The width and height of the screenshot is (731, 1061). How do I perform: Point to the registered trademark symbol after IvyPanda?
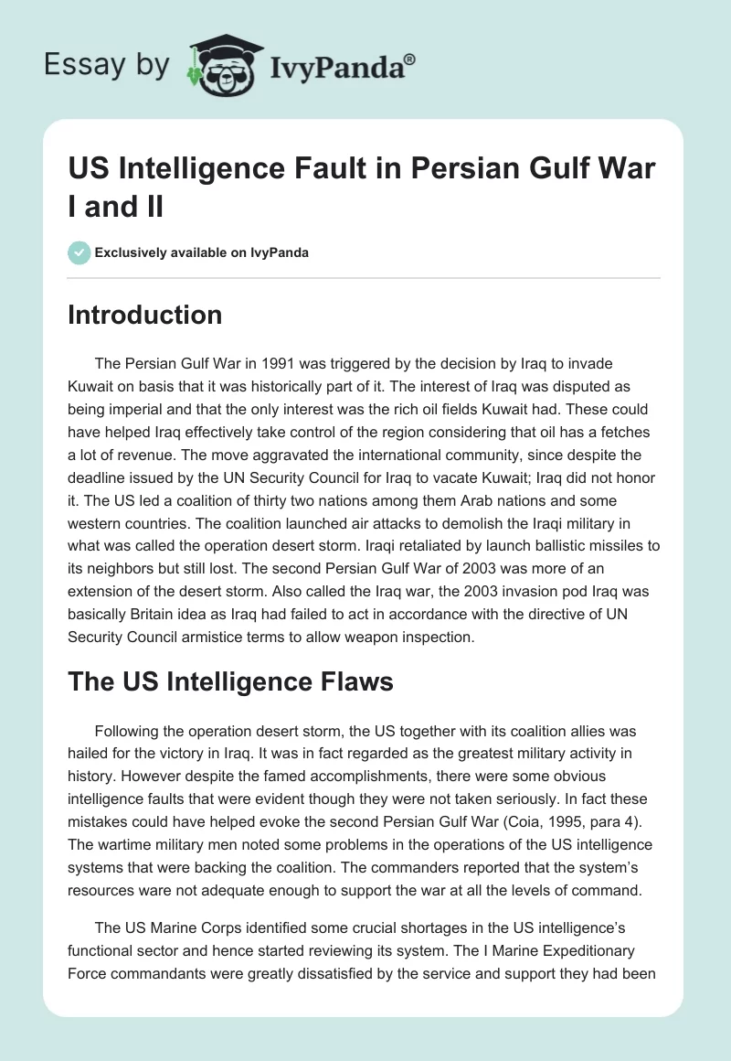coord(410,59)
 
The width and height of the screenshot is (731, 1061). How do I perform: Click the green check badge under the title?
coord(79,252)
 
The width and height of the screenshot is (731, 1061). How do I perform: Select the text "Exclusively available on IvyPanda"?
coord(201,252)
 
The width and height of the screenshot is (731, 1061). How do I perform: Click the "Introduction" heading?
coord(145,315)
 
